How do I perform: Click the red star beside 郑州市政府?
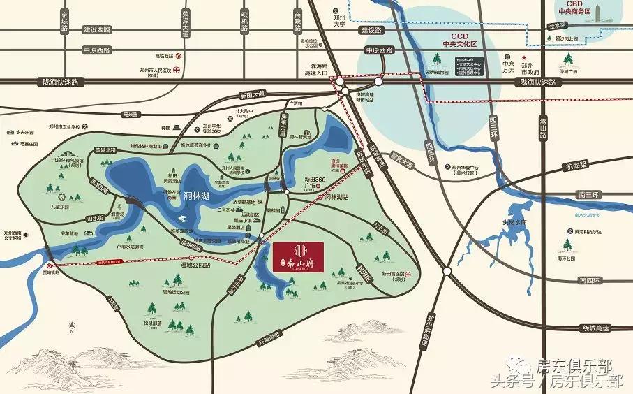click(523, 58)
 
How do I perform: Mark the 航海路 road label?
click(577, 166)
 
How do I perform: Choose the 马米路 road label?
click(131, 114)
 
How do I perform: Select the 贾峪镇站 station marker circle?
click(50, 266)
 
